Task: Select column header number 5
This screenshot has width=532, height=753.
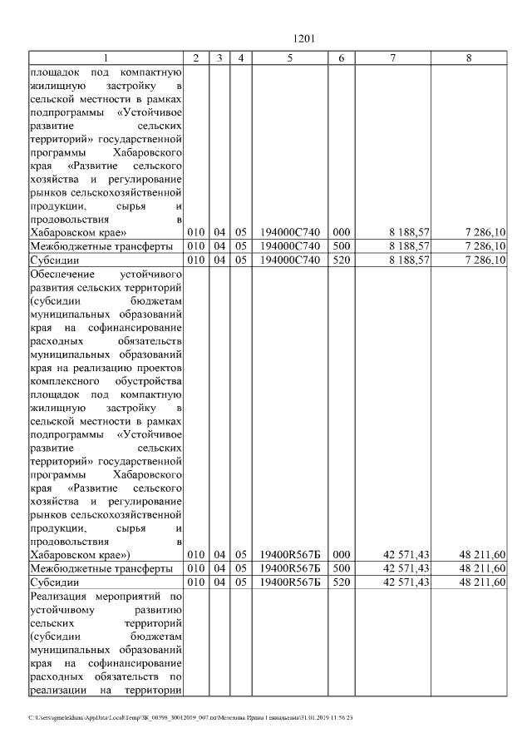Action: click(x=289, y=57)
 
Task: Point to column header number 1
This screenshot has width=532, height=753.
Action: click(x=106, y=57)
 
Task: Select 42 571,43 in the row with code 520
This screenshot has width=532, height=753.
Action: click(x=406, y=582)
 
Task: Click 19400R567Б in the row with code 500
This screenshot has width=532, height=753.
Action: click(x=289, y=568)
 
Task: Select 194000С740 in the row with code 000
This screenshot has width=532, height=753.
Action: click(x=289, y=232)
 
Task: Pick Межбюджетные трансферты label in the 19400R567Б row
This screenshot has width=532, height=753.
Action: click(x=101, y=568)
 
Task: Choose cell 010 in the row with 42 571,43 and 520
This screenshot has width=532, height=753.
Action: click(x=195, y=582)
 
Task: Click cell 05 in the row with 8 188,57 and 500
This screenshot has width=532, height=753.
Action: click(x=240, y=246)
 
